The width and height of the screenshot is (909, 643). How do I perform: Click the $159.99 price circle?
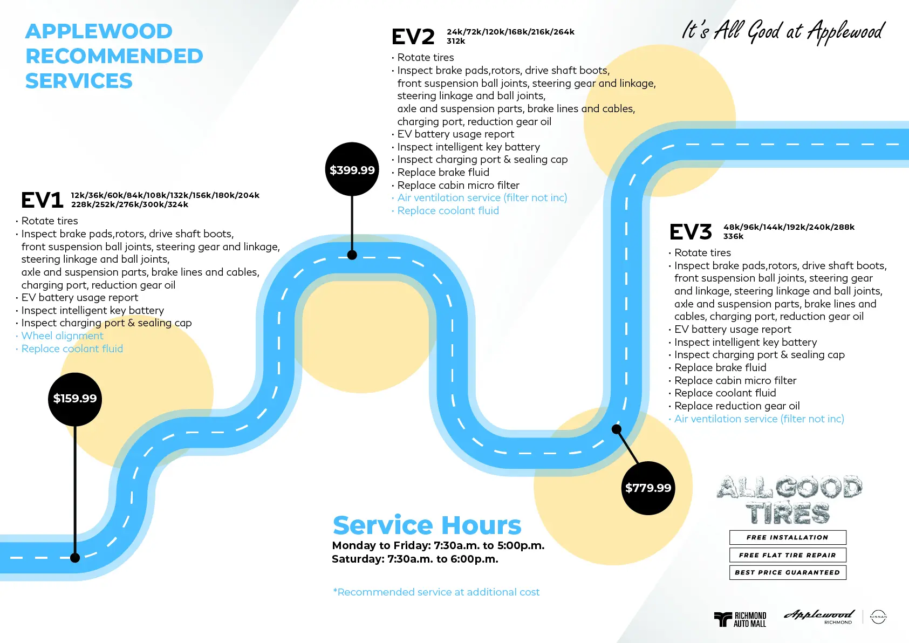tap(75, 399)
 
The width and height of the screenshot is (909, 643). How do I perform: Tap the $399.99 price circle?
tap(352, 170)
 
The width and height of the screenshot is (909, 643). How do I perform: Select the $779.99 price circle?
tap(648, 488)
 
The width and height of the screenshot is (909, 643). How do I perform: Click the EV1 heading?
tap(42, 200)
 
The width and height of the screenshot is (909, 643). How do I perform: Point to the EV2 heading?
tap(413, 37)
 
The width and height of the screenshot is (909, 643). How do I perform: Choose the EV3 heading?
tap(691, 232)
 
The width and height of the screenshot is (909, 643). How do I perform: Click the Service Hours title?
tap(427, 525)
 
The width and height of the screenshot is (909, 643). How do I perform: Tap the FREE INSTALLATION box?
tap(787, 537)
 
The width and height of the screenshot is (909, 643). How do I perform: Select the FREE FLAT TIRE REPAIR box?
tap(787, 555)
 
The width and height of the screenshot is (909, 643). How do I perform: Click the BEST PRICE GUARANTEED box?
tap(787, 572)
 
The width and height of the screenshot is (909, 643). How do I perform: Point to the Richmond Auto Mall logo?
tap(740, 619)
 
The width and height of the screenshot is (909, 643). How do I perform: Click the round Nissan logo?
tap(878, 617)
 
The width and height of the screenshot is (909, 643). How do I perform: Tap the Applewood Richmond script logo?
tap(819, 616)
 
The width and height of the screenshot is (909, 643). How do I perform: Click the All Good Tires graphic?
tap(789, 500)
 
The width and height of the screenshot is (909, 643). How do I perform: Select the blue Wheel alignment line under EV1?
tap(62, 336)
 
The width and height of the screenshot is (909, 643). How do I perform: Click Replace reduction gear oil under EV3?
tap(736, 406)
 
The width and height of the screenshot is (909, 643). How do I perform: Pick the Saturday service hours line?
tap(415, 559)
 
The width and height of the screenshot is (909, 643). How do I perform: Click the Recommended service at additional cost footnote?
tap(436, 592)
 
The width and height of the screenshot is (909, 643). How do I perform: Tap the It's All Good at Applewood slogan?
tap(783, 31)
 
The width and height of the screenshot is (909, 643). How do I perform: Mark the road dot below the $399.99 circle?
tap(352, 255)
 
